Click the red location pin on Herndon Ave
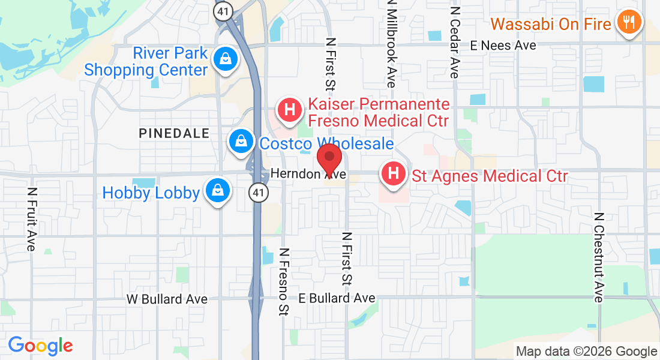click(x=329, y=157)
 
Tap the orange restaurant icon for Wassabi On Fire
click(x=628, y=23)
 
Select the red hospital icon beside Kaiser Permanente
click(x=289, y=110)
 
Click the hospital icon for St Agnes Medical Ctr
click(x=393, y=175)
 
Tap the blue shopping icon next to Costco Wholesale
click(x=241, y=142)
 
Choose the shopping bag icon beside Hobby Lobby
click(x=217, y=191)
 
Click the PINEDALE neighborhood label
click(x=174, y=133)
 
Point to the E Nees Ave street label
click(x=503, y=45)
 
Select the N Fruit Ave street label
click(x=32, y=220)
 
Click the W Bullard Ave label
click(x=167, y=299)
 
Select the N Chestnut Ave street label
click(x=598, y=257)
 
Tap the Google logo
click(x=40, y=346)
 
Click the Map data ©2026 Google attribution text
click(x=586, y=352)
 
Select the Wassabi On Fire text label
click(x=551, y=24)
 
